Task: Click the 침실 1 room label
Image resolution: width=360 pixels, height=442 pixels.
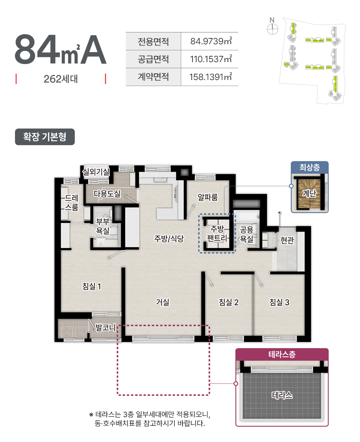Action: [91, 286]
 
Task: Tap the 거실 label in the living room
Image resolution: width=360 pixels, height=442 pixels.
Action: [163, 302]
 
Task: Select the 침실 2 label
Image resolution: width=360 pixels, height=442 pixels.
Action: [229, 302]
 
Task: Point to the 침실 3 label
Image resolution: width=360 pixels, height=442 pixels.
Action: [279, 302]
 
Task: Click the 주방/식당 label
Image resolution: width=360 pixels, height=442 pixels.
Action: [169, 239]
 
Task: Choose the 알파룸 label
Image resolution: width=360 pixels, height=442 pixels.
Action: [208, 197]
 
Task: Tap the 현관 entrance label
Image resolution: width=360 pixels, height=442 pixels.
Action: [287, 240]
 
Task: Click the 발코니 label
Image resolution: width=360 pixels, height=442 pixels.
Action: [106, 328]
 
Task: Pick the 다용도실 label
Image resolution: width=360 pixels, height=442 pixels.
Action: [107, 194]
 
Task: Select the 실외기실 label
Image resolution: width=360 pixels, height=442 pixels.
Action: [96, 172]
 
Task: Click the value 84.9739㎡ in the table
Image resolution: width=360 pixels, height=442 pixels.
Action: [211, 41]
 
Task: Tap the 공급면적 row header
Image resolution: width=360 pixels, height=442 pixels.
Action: [153, 59]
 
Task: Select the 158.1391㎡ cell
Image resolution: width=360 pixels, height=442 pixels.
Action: [211, 77]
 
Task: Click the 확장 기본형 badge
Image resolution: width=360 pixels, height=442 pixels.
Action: [45, 137]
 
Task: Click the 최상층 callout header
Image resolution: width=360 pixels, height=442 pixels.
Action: [309, 168]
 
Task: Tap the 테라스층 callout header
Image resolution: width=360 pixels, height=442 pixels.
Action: [282, 354]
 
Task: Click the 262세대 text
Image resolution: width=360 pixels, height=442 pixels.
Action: [61, 79]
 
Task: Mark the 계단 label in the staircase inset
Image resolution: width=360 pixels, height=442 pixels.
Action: [309, 194]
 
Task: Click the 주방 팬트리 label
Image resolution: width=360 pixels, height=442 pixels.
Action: [217, 233]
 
